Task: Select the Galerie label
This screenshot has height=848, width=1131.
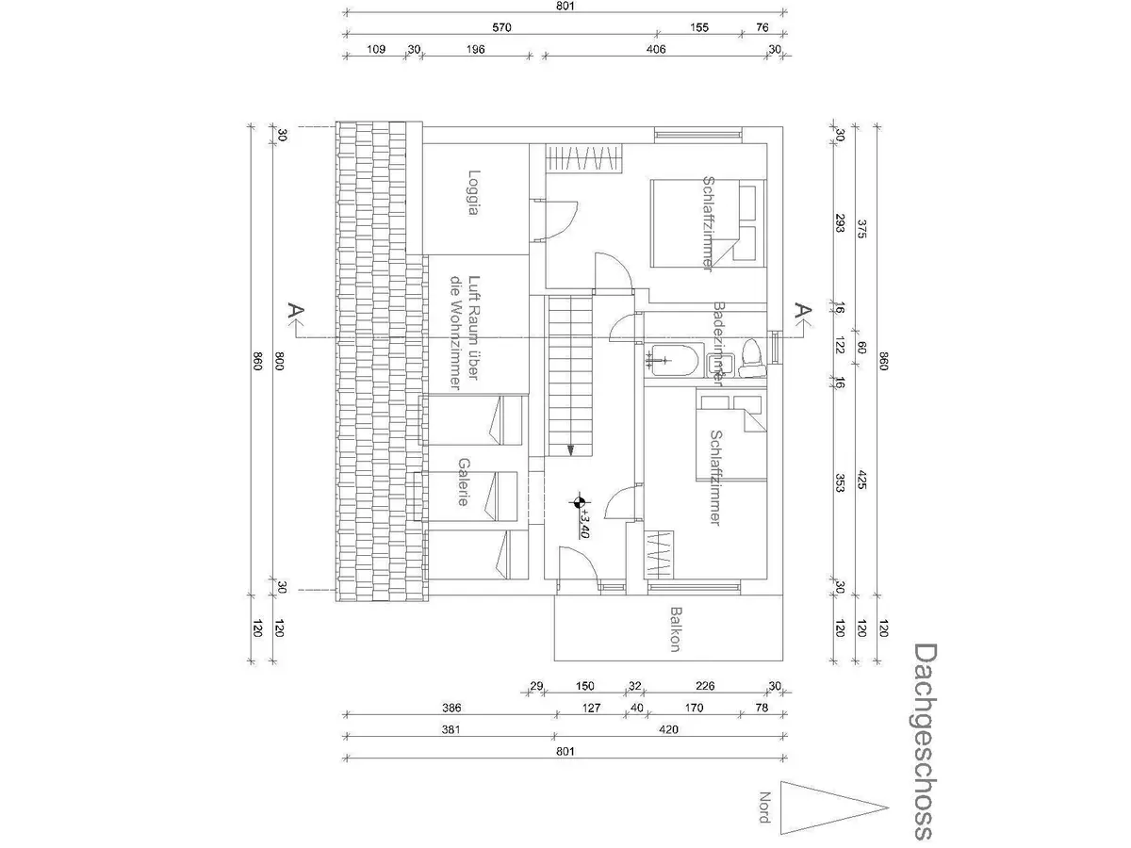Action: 463,481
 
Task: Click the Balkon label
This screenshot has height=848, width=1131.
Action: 675,630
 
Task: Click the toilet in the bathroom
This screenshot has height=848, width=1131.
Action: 751,357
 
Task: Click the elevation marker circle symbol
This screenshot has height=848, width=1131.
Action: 578,502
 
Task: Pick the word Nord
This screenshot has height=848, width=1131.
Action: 764,807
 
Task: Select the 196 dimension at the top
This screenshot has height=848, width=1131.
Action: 474,50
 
